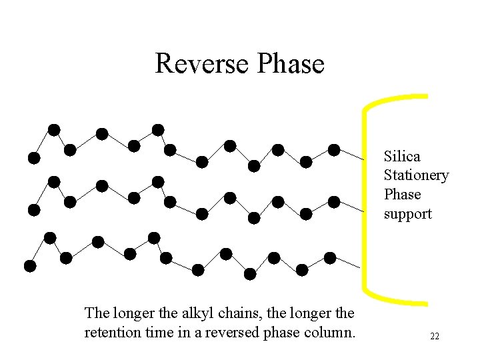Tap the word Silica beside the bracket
tap(402, 157)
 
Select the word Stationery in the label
tap(416, 175)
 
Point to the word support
tap(407, 214)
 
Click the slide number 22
tap(434, 337)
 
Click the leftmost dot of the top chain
tap(33, 158)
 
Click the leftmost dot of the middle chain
tap(33, 210)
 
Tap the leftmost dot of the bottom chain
tap(29, 266)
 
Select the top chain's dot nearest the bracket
tap(334, 150)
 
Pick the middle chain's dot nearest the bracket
tap(334, 202)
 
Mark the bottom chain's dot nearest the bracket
tap(330, 258)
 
